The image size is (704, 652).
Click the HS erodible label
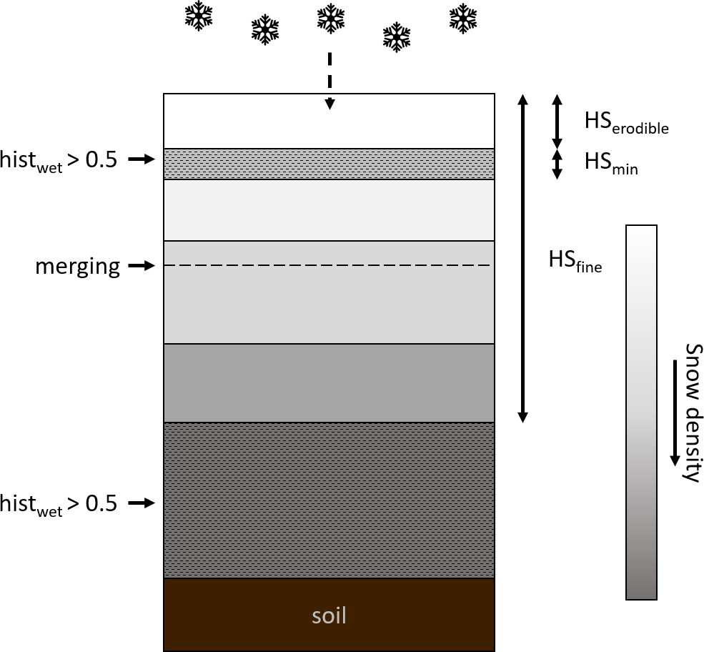(626, 123)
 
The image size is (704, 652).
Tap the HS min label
(611, 164)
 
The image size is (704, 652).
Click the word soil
(329, 615)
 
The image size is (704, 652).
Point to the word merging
(77, 267)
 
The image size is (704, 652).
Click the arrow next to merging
(142, 266)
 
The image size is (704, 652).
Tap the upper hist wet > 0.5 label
(59, 160)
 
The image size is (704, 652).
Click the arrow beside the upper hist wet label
(142, 160)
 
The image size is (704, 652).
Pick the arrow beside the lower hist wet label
(142, 503)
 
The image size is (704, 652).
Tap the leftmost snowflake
(199, 16)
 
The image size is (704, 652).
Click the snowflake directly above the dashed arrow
(329, 19)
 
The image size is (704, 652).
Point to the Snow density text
(690, 413)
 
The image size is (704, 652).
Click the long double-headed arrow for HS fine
(522, 257)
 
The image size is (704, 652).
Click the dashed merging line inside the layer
(329, 266)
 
